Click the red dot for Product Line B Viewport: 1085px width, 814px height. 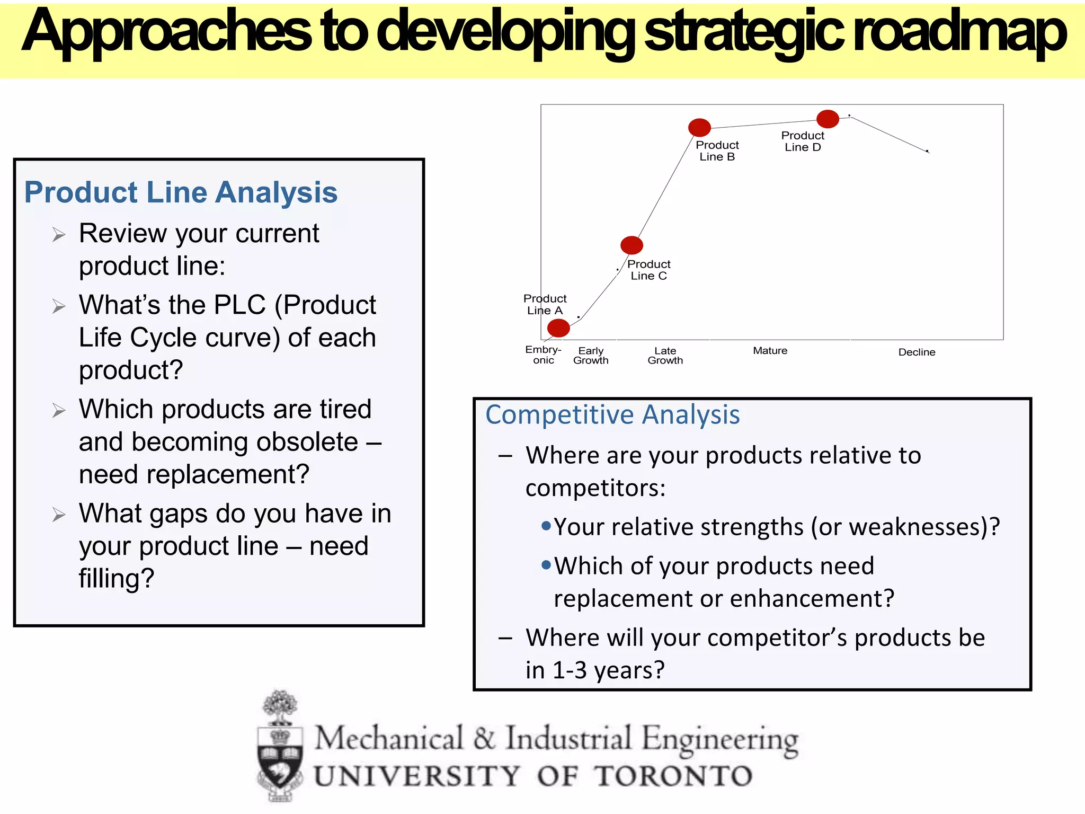pos(699,127)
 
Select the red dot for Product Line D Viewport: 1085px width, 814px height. pos(827,119)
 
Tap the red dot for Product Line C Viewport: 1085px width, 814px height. pos(631,245)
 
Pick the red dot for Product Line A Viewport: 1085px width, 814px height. pos(558,328)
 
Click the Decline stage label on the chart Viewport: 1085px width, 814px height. pos(916,352)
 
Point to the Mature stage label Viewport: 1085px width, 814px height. pos(770,350)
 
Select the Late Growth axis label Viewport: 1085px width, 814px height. pos(665,355)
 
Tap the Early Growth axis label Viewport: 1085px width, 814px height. pos(591,355)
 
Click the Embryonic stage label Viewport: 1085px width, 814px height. pos(543,355)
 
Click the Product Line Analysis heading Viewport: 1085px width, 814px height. pos(181,192)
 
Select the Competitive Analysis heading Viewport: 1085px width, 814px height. pos(612,414)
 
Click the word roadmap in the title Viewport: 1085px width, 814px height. pos(959,33)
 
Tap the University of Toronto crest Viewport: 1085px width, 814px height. pos(280,747)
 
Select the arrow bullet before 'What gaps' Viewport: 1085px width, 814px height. pos(59,515)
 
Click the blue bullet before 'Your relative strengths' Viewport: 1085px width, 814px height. pos(546,526)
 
